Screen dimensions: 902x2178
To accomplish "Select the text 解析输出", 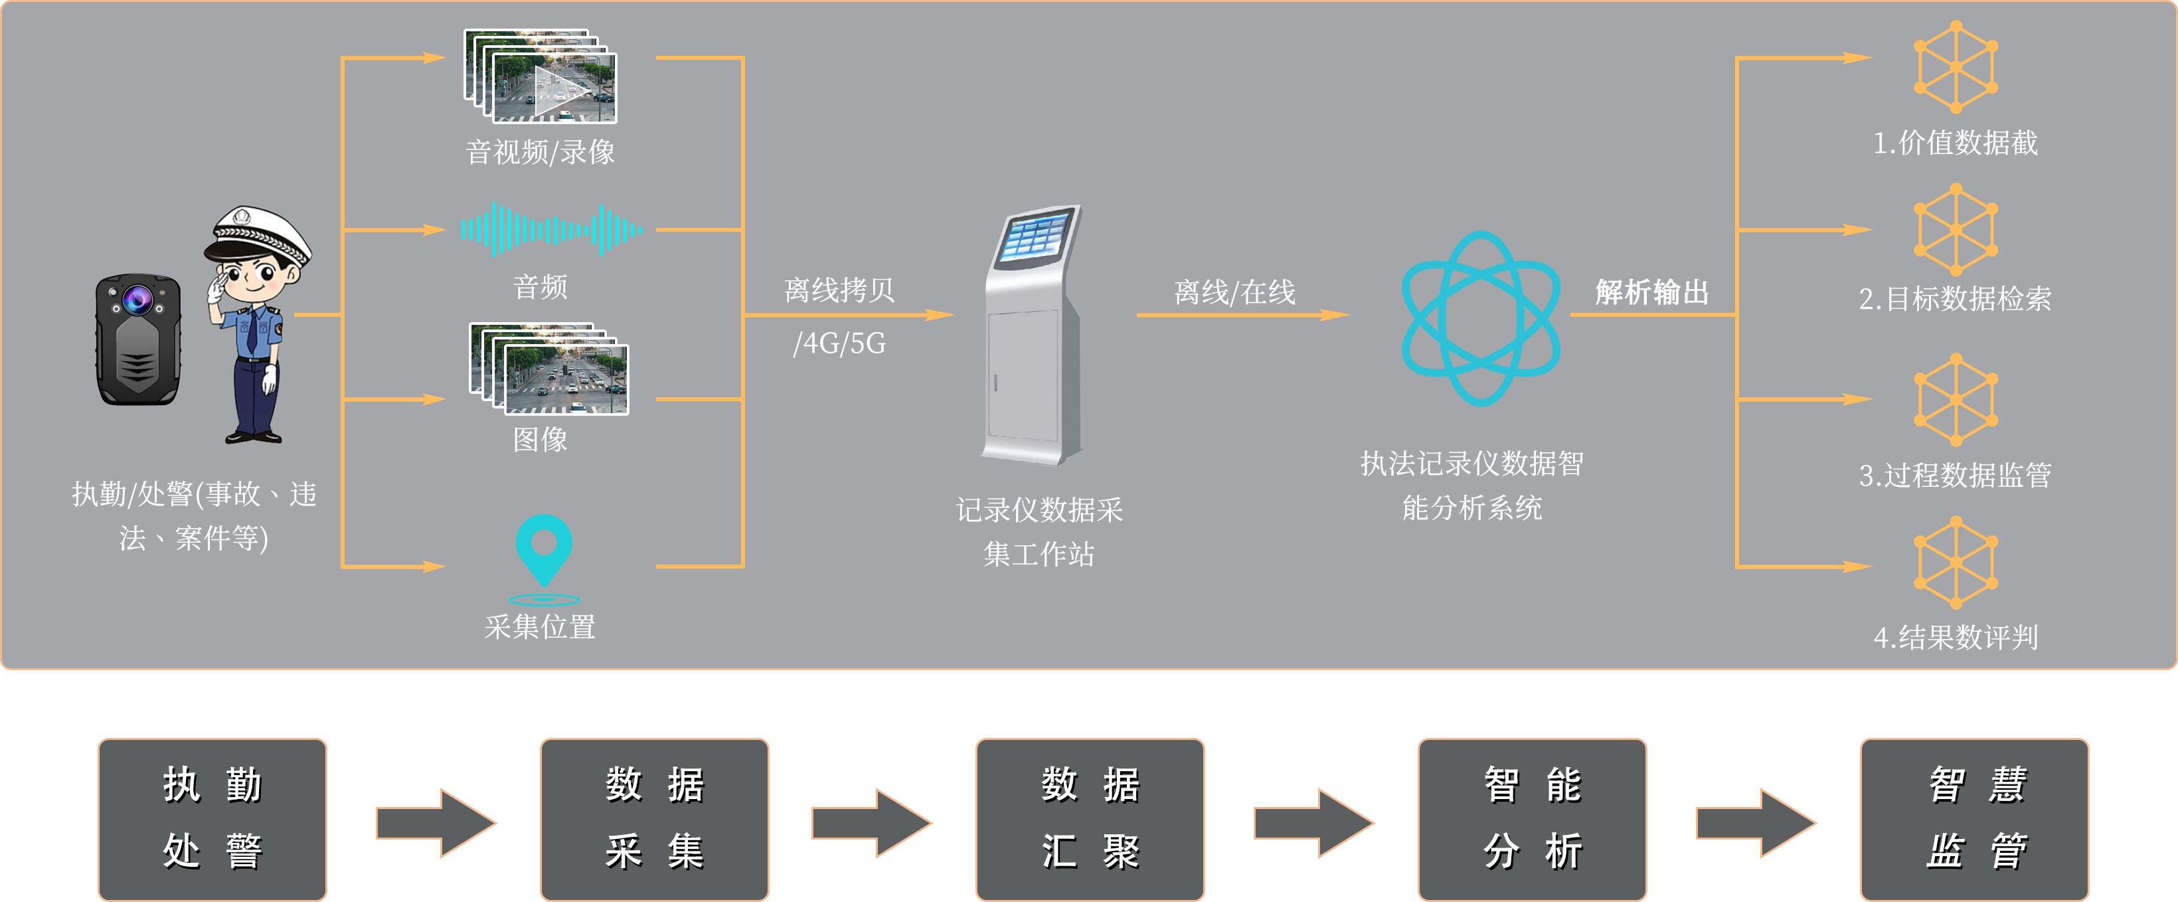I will [1651, 292].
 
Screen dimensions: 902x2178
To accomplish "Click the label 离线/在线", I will [1234, 292].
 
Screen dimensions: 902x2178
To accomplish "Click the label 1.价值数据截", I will [1955, 143].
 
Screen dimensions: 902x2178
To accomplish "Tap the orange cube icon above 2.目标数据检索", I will [1956, 230].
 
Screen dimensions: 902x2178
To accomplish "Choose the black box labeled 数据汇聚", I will [1090, 818].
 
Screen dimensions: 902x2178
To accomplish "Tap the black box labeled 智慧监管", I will [1974, 818].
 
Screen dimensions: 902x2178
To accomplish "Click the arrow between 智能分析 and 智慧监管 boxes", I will [1757, 822].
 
